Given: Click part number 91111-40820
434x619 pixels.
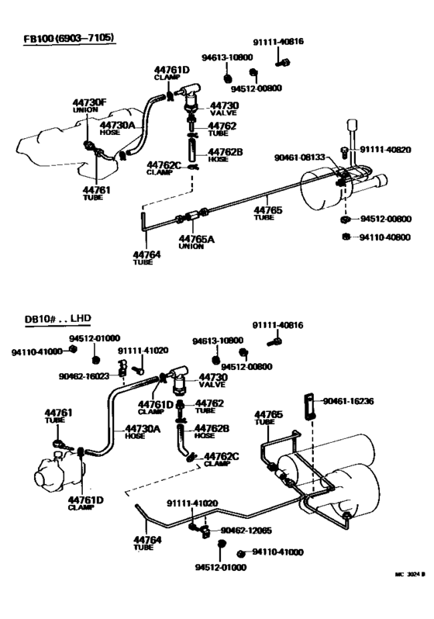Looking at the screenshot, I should (385, 150).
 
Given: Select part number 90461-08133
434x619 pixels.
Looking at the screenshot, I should (300, 157).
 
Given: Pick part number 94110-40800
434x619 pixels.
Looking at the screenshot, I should (385, 237).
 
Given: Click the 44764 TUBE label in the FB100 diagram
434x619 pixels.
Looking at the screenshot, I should (145, 258).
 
